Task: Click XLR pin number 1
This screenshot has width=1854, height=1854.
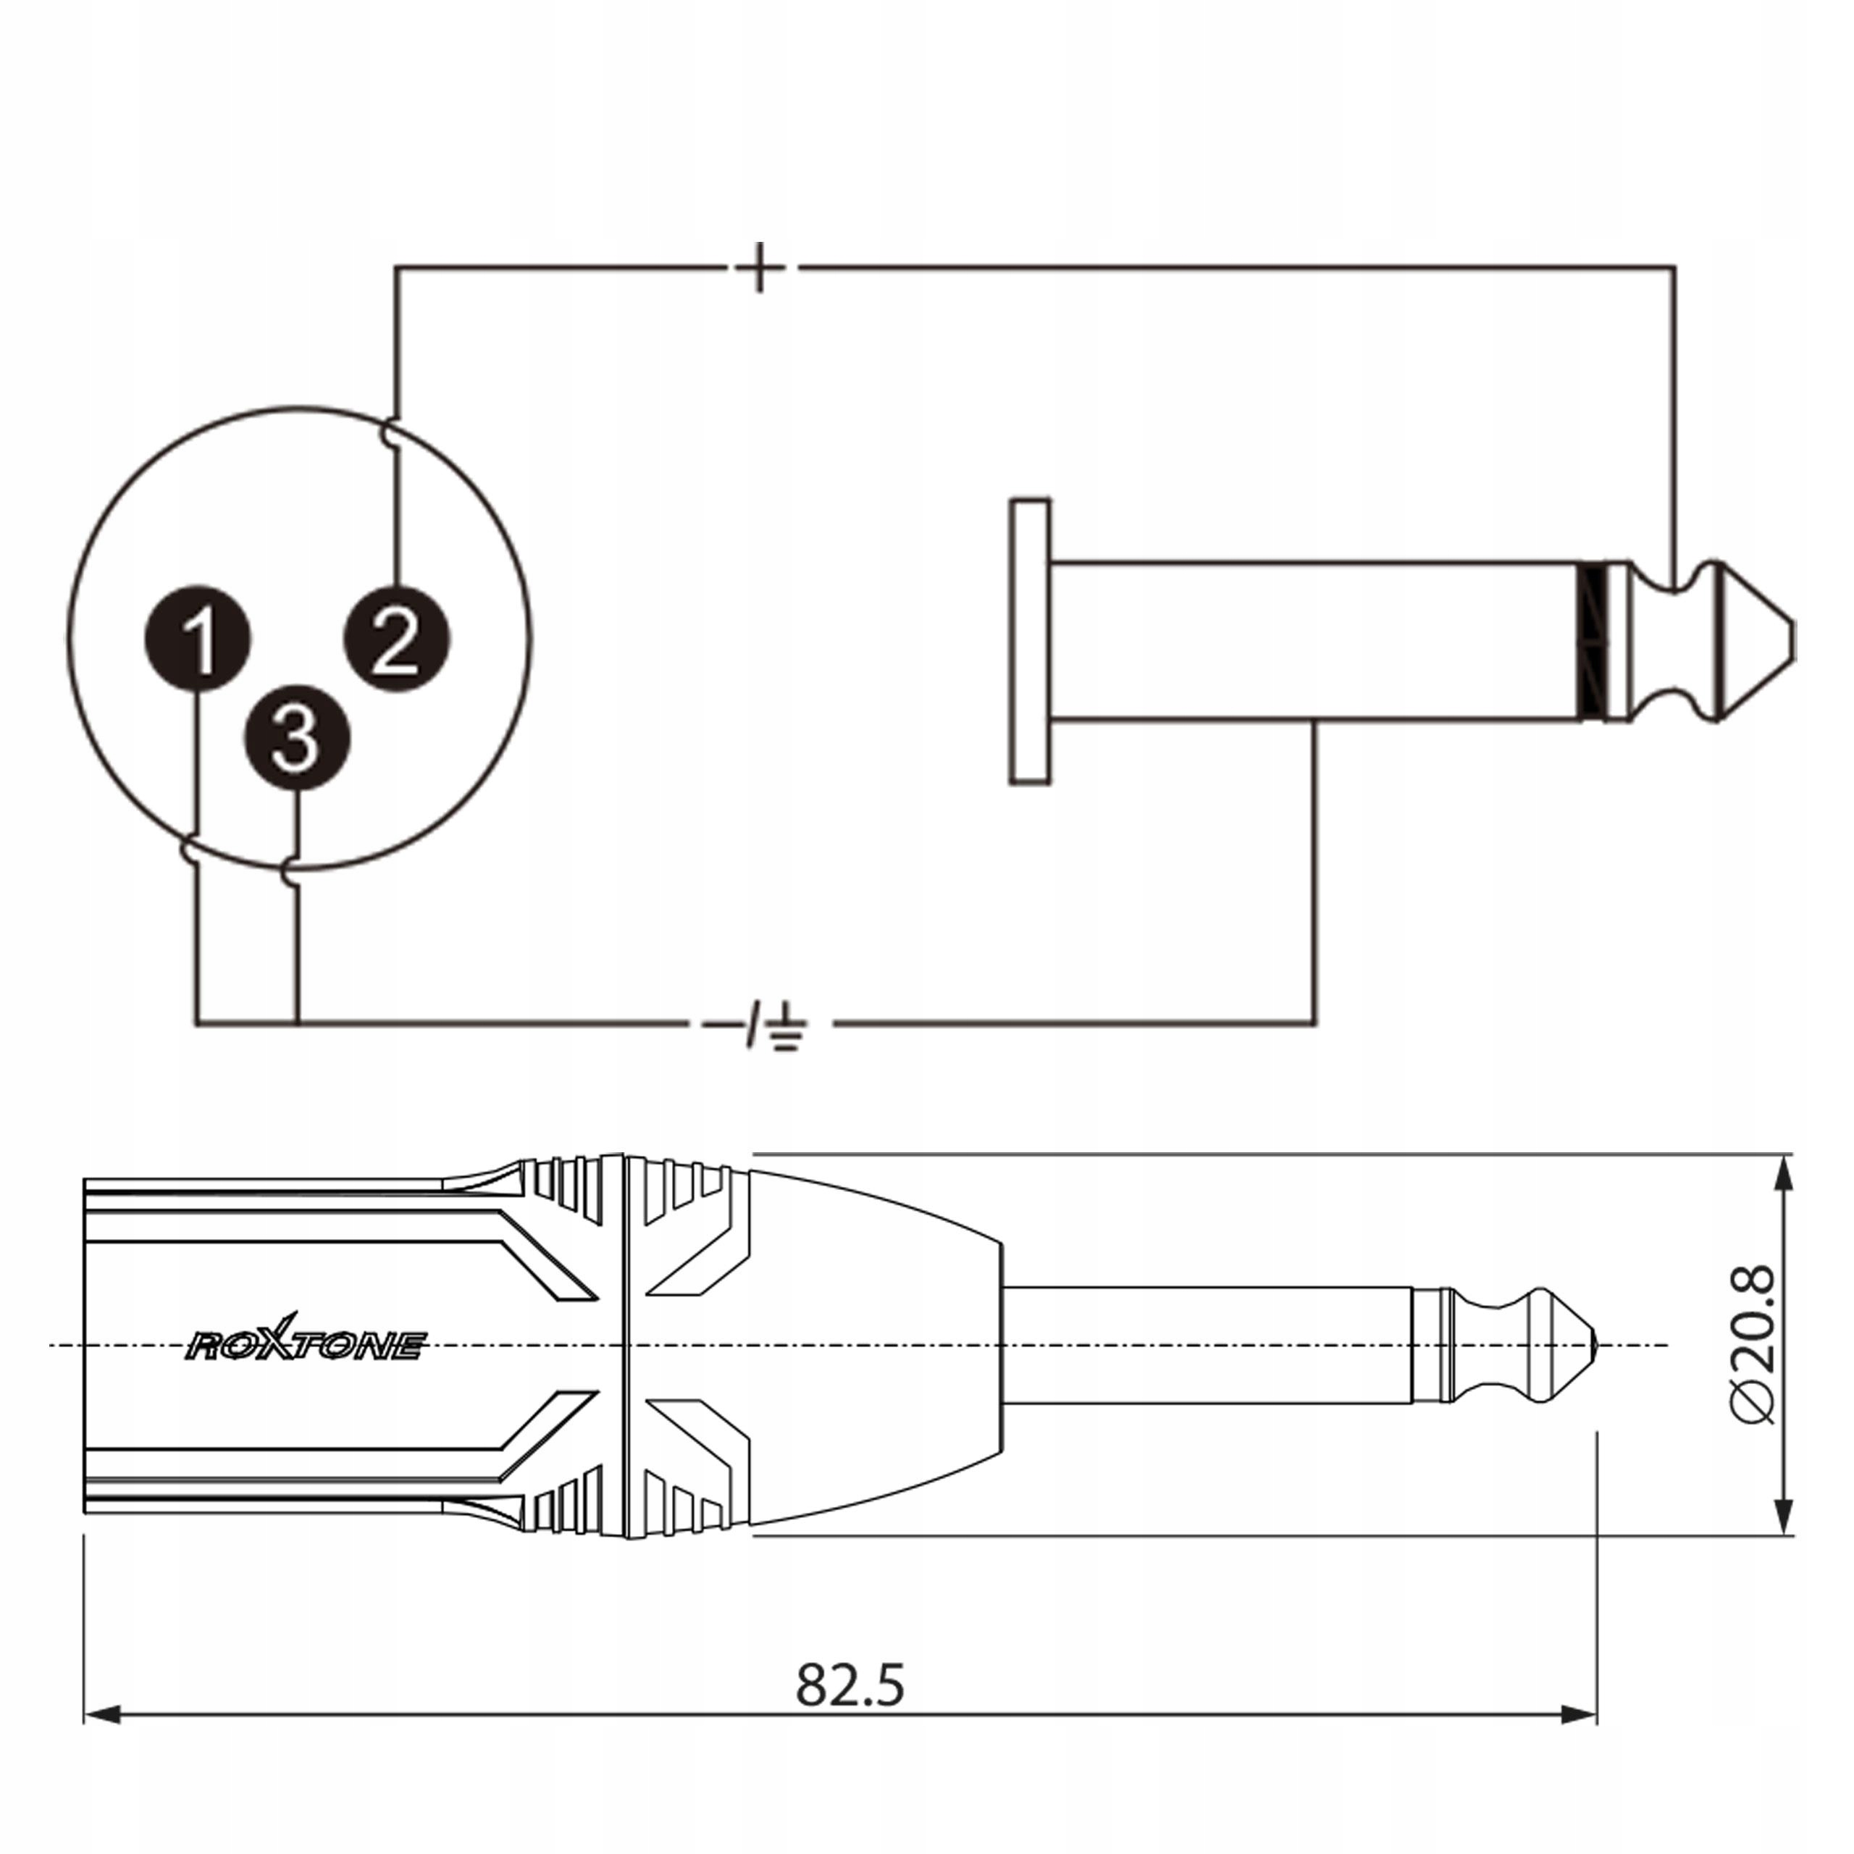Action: point(198,637)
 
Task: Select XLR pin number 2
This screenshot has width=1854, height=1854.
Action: point(396,637)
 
